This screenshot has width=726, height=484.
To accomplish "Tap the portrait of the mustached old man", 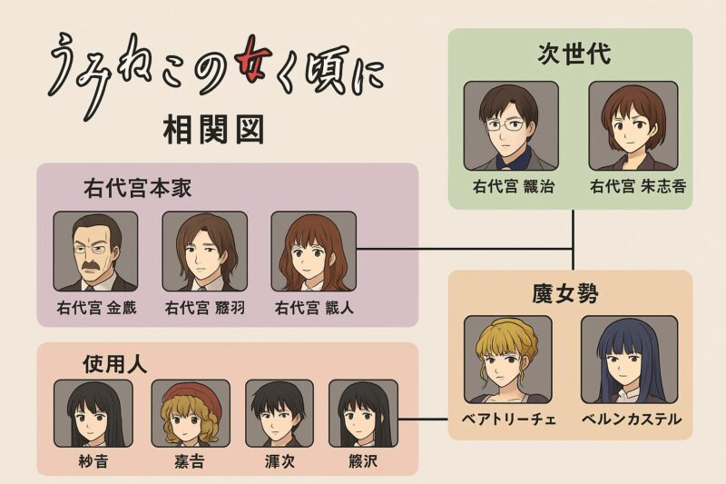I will pyautogui.click(x=95, y=252).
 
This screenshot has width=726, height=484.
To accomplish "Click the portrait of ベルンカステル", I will pyautogui.click(x=629, y=360).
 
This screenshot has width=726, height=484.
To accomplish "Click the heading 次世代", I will pyautogui.click(x=569, y=53).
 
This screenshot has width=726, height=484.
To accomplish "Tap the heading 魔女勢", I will pyautogui.click(x=568, y=294).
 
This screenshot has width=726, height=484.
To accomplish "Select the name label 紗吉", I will pyautogui.click(x=93, y=460).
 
